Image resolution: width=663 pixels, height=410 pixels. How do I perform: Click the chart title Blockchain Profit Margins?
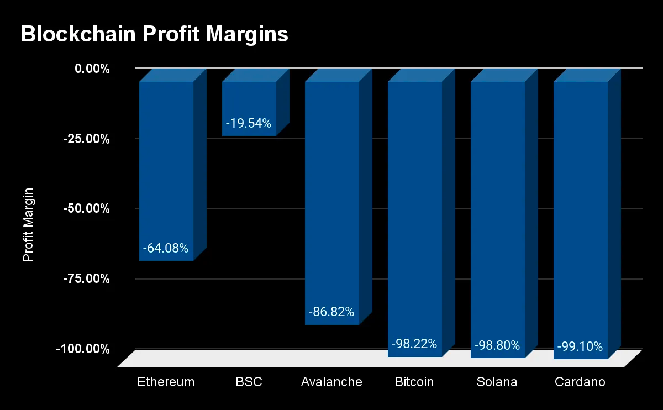(155, 34)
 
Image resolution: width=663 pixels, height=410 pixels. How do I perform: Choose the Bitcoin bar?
(415, 210)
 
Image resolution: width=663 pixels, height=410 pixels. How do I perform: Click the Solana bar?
(498, 210)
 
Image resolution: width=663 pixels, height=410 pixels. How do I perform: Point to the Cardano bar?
(581, 210)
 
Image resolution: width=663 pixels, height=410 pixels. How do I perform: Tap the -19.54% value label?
(249, 124)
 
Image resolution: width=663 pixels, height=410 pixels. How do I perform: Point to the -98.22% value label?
(414, 344)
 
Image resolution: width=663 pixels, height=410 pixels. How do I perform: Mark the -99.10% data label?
(580, 346)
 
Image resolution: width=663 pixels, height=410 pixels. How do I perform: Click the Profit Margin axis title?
(29, 225)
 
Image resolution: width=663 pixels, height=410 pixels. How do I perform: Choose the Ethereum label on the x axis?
(166, 382)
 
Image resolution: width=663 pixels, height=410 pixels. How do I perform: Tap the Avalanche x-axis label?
(331, 382)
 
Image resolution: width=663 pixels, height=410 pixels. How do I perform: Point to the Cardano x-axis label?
(580, 382)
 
